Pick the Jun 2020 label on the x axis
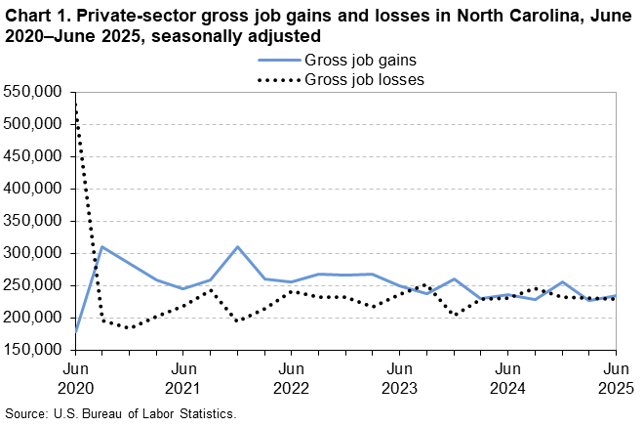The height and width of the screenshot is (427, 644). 75,379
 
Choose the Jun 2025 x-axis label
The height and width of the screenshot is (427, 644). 616,379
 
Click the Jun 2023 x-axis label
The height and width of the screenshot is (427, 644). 399,379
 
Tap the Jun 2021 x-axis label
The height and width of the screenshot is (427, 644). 183,379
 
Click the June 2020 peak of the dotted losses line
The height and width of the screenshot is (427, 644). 75,102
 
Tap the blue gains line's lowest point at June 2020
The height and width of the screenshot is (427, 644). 76,331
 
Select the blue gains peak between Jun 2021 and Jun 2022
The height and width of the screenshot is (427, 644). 237,247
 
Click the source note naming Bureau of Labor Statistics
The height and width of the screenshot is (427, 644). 121,413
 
